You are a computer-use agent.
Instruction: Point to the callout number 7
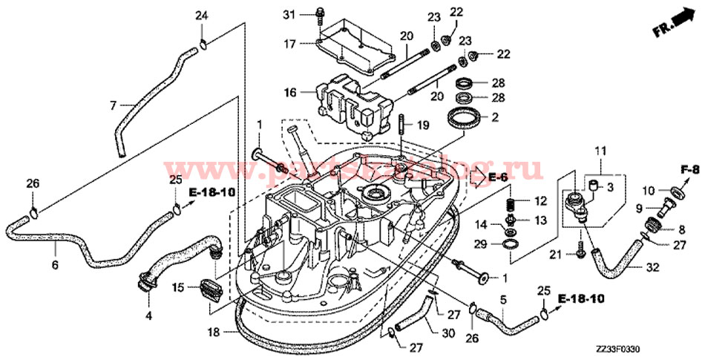[113, 106]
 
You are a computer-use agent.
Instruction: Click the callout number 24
[202, 16]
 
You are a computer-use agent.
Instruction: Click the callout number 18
[214, 333]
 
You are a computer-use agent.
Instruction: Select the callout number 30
[448, 334]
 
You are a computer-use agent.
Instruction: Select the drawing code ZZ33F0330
[617, 347]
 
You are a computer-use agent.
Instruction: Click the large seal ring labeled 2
[465, 118]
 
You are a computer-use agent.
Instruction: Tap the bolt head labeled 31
[321, 13]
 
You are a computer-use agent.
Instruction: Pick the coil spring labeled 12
[510, 200]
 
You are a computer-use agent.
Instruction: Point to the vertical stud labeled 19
[401, 123]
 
